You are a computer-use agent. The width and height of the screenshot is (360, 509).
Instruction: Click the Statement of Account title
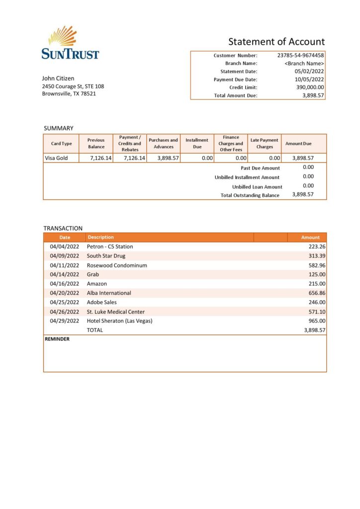(x=276, y=42)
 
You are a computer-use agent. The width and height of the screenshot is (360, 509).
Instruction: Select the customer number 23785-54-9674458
(x=300, y=56)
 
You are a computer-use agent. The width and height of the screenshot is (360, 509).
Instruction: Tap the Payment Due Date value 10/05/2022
(x=309, y=80)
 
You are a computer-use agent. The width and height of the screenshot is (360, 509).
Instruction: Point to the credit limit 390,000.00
(x=307, y=87)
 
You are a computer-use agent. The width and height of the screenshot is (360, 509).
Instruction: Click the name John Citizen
(x=58, y=78)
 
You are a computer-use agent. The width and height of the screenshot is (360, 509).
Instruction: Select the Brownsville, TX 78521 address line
(x=69, y=93)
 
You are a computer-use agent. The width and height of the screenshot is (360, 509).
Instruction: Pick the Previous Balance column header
(x=96, y=144)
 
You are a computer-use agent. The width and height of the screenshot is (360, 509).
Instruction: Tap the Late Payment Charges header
(x=265, y=144)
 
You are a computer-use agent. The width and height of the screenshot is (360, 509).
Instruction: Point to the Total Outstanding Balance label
(x=250, y=195)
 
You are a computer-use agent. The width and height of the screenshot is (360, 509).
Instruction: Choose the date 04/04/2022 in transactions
(x=65, y=247)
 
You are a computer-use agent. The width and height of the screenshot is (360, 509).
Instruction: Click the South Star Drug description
(x=106, y=256)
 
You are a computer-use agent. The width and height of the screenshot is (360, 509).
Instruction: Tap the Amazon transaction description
(x=97, y=284)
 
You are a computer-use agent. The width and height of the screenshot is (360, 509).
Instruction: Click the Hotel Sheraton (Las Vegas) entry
(x=119, y=321)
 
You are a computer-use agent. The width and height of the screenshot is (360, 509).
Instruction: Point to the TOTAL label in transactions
(x=95, y=330)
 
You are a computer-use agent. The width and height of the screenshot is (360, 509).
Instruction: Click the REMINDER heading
(x=57, y=339)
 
